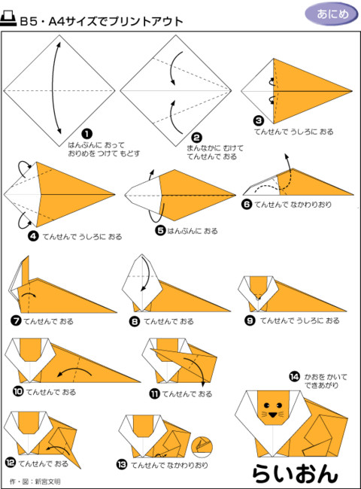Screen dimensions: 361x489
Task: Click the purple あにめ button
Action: (x=332, y=14)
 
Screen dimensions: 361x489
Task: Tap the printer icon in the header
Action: (x=8, y=19)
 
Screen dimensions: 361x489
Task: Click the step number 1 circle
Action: (x=86, y=134)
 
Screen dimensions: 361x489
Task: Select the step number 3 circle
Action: (x=259, y=120)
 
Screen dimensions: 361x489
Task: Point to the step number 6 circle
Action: (x=247, y=205)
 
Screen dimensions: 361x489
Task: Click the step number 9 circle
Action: (x=250, y=320)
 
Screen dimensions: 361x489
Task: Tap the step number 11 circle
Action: (x=155, y=394)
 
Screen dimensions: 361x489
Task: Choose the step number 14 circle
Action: (x=295, y=377)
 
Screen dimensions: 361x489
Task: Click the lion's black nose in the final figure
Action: (x=273, y=415)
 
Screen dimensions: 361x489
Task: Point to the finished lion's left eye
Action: (x=267, y=405)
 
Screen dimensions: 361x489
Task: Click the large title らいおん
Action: (x=295, y=474)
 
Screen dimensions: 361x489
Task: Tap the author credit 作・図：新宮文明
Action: (x=35, y=481)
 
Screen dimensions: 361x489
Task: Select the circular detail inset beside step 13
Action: (x=202, y=447)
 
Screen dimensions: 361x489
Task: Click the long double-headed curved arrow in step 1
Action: (x=51, y=89)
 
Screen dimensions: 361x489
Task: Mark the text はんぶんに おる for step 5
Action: (x=193, y=231)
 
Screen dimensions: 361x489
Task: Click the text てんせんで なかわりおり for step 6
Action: (x=293, y=205)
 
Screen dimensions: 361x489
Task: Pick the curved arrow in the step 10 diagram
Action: (x=74, y=371)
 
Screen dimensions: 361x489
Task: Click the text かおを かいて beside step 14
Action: (x=326, y=377)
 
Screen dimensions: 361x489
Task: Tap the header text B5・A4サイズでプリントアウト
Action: (x=101, y=22)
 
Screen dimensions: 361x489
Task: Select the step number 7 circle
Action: (x=16, y=320)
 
